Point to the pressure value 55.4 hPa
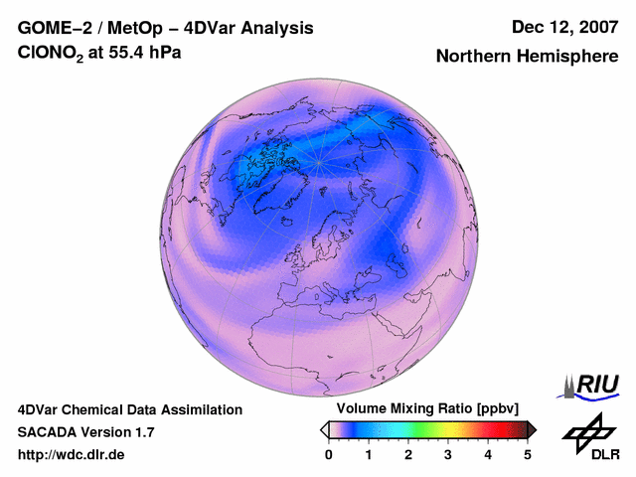[x=145, y=53]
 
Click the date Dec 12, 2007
[x=563, y=28]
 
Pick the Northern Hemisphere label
[x=527, y=57]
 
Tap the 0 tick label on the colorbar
[x=329, y=454]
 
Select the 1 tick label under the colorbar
[x=369, y=454]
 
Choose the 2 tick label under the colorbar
[x=408, y=454]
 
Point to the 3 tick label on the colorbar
[x=448, y=454]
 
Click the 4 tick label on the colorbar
[x=488, y=454]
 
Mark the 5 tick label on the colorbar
[x=528, y=454]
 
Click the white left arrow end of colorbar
[x=324, y=429]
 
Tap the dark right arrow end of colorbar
[x=532, y=429]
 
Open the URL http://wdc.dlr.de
[x=72, y=455]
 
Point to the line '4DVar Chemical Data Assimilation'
[x=129, y=409]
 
